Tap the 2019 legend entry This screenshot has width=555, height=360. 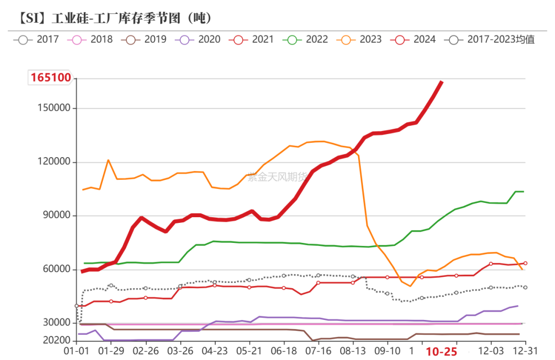[x=144, y=39]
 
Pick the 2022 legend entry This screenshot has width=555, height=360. [x=306, y=39]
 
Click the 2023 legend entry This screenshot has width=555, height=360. [x=360, y=39]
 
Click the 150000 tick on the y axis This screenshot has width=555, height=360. [x=53, y=108]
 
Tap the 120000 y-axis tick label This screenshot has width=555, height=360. [x=53, y=162]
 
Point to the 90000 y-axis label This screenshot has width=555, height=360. [x=56, y=216]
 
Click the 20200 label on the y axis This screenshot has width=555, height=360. [x=56, y=340]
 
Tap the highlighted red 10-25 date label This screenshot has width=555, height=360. [x=442, y=351]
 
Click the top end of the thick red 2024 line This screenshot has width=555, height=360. [x=442, y=82]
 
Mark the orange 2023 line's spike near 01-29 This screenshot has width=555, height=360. [x=108, y=160]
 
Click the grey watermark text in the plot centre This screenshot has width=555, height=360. [x=277, y=178]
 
